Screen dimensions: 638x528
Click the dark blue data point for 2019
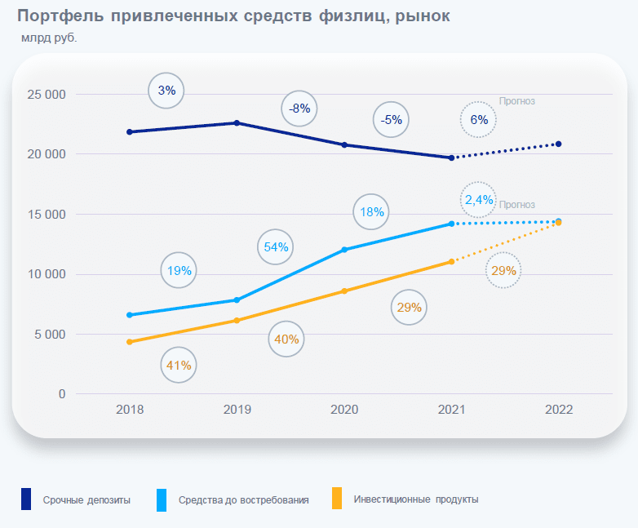pyautogui.click(x=237, y=123)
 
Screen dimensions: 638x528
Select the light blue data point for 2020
pyautogui.click(x=344, y=250)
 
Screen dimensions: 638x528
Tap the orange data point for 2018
pyautogui.click(x=130, y=342)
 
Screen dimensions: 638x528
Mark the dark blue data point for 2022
pyautogui.click(x=559, y=144)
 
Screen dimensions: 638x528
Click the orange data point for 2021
pyautogui.click(x=452, y=262)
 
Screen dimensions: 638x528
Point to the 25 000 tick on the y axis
pyautogui.click(x=47, y=95)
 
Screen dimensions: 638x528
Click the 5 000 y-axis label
pyautogui.click(x=50, y=335)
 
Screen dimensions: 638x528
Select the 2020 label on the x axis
pyautogui.click(x=344, y=409)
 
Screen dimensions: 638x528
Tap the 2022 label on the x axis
pyautogui.click(x=559, y=409)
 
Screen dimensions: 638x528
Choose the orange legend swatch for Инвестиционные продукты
pyautogui.click(x=337, y=498)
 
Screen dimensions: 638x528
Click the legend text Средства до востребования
pyautogui.click(x=243, y=500)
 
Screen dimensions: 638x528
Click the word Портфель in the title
pyautogui.click(x=60, y=16)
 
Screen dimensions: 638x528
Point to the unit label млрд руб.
pyautogui.click(x=49, y=38)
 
